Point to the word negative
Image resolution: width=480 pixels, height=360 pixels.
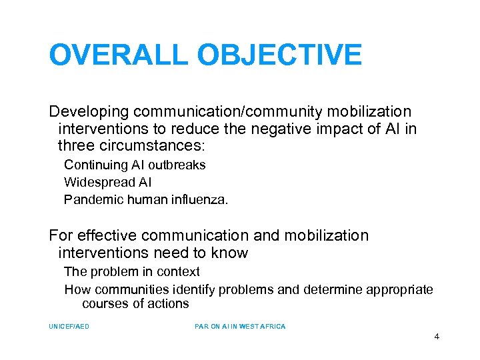[x=289, y=128]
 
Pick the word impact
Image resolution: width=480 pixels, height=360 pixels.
[x=345, y=128]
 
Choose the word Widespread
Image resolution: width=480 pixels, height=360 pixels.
[x=97, y=182]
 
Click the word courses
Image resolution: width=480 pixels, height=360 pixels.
[x=103, y=304]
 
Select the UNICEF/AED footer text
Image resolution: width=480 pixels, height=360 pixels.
[x=69, y=327]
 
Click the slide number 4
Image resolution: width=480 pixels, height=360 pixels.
[x=437, y=337]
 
